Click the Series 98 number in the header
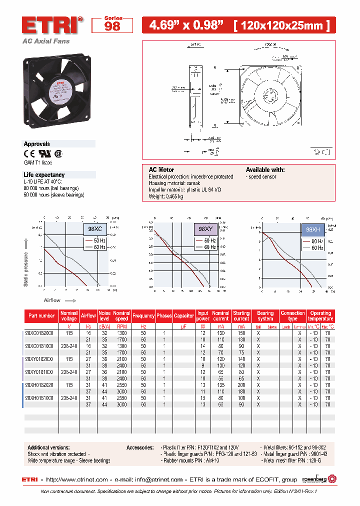[x=112, y=26]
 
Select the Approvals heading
[x=37, y=144]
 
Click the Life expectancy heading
[x=44, y=174]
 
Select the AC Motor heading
[x=161, y=170]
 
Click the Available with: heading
[x=265, y=170]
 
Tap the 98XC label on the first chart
[x=95, y=228]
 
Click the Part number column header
[x=41, y=316]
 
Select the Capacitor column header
[x=184, y=316]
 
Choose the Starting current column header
[x=241, y=316]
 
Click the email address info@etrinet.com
[x=157, y=479]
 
